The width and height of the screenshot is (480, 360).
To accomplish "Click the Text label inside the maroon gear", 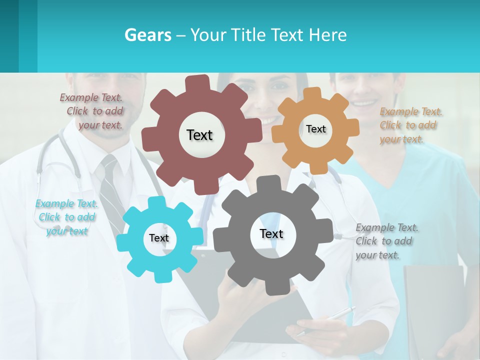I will (199, 135).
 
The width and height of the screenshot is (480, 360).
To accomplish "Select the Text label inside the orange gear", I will (315, 129).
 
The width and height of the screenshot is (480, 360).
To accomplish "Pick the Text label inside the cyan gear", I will (159, 238).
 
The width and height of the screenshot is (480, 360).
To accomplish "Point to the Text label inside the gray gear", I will (271, 233).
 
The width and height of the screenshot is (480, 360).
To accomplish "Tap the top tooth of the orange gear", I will (312, 93).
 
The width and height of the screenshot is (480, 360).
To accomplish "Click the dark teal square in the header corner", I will (9, 36).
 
